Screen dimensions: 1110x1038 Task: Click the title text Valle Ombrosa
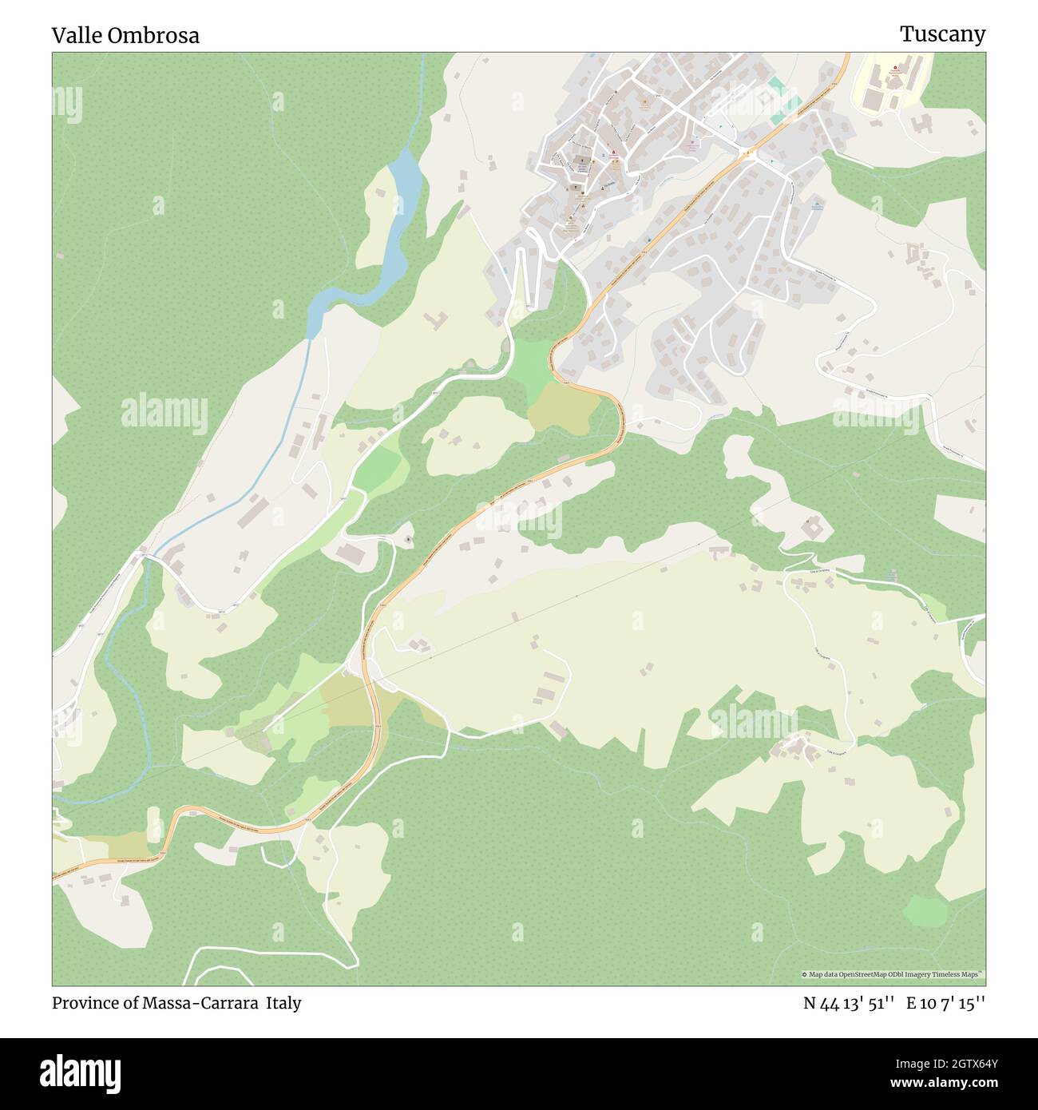coord(125,35)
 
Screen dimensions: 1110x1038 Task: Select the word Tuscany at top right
coord(942,34)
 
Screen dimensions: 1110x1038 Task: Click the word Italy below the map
coord(283,1003)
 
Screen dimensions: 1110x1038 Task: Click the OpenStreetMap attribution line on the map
coord(893,974)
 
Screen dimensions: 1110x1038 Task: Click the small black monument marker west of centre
coord(409,541)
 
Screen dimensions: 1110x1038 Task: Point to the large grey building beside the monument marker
coord(351,553)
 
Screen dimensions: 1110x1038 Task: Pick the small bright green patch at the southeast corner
coord(925,909)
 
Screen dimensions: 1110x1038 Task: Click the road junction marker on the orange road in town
coord(748,151)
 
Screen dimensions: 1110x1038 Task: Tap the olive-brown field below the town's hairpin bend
coord(564,407)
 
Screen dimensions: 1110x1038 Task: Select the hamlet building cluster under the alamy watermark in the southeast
coord(794,748)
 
